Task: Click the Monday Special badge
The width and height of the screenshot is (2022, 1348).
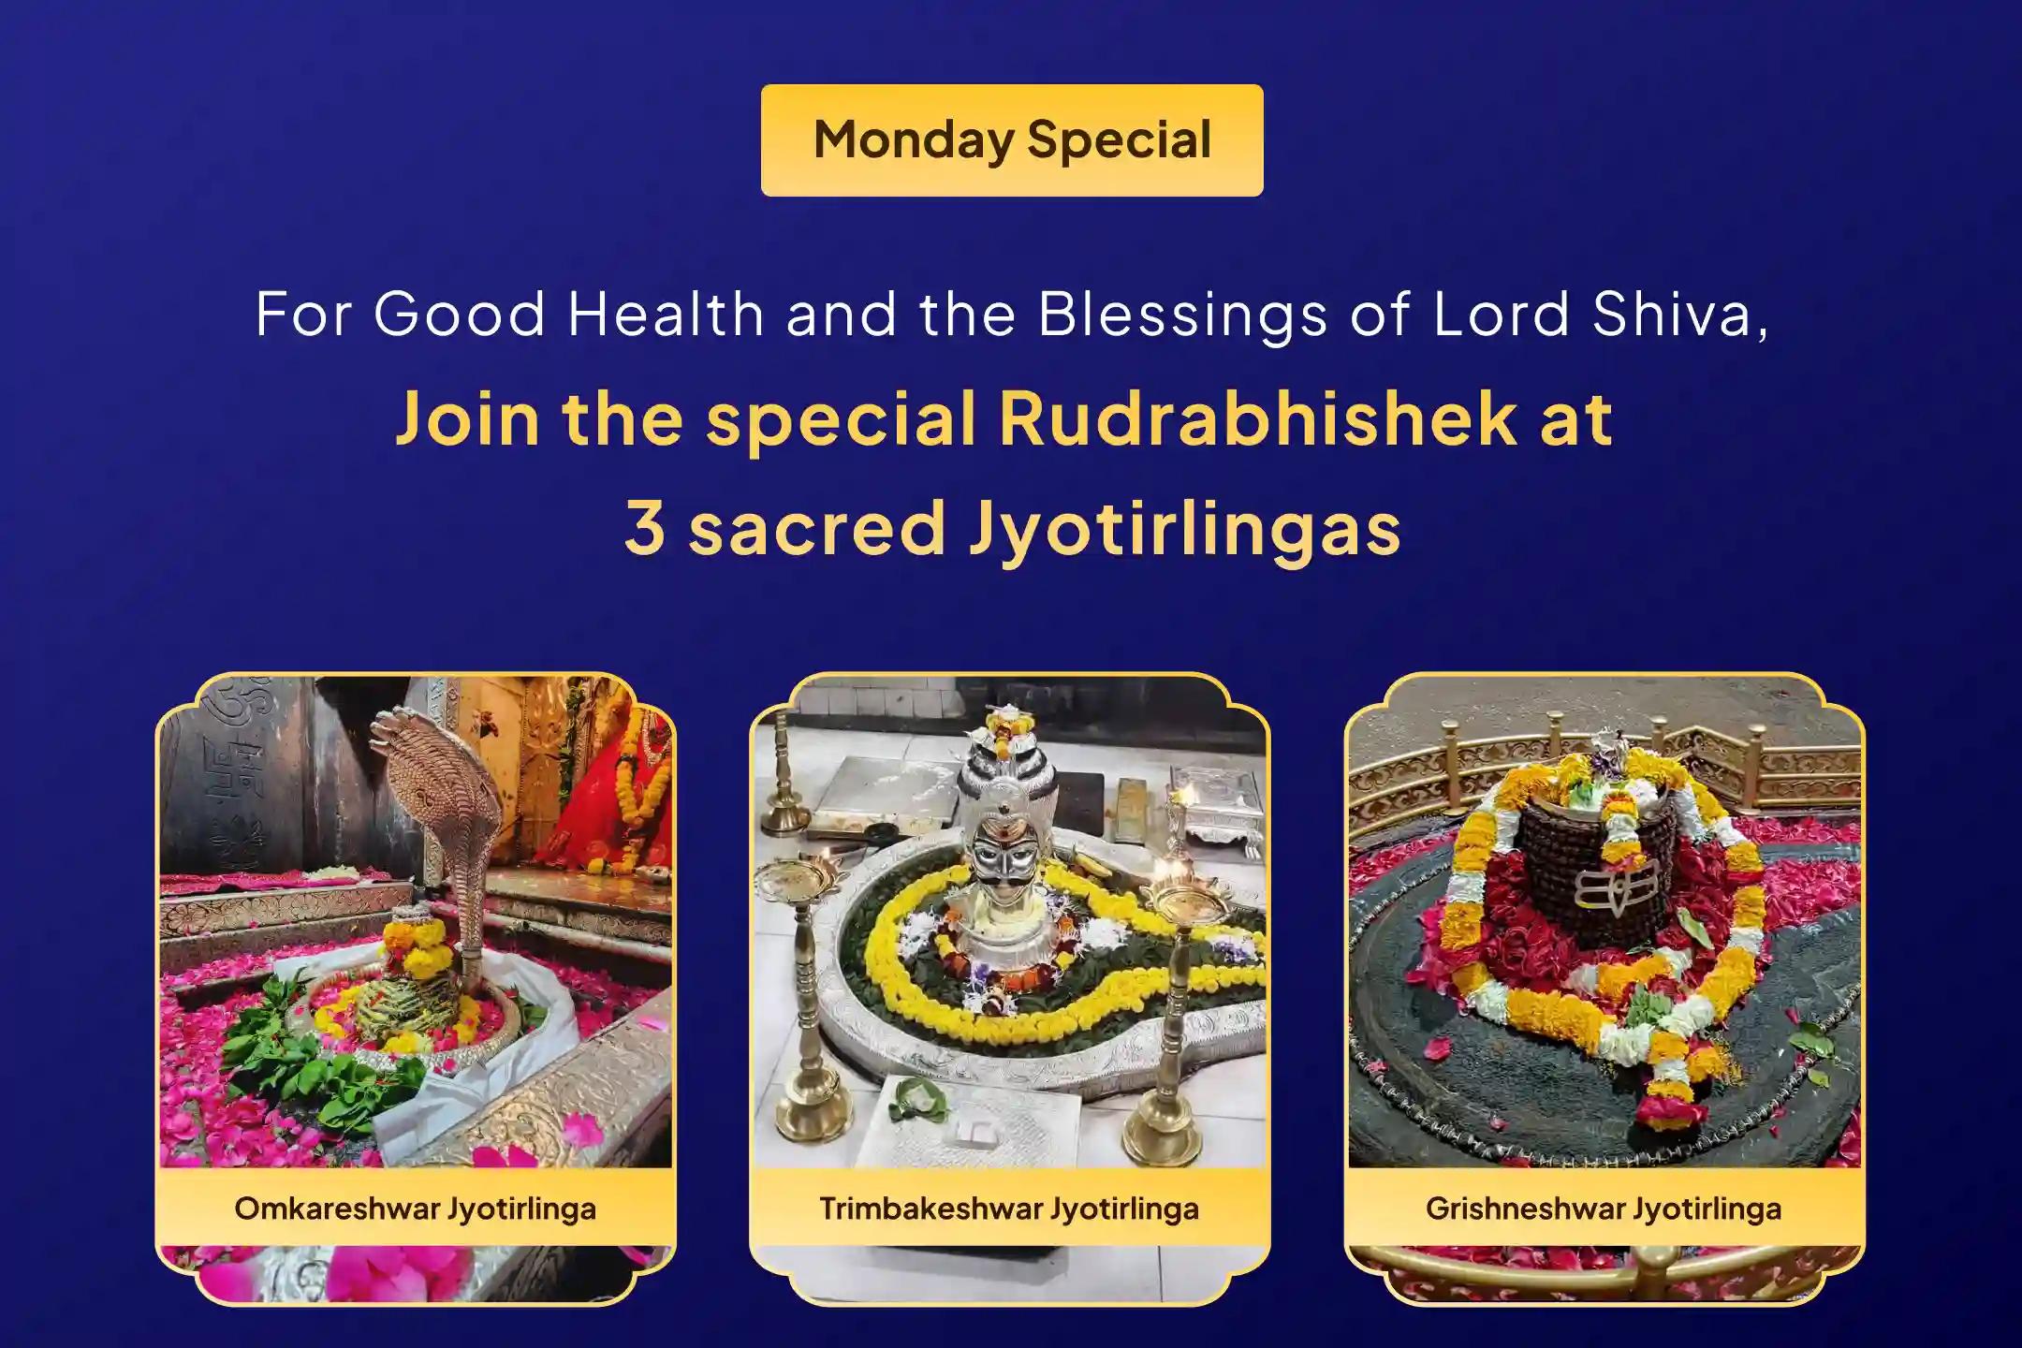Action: pyautogui.click(x=1012, y=140)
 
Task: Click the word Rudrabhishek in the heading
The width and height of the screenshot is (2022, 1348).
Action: pyautogui.click(x=1256, y=418)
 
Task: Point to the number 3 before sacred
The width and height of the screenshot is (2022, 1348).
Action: pyautogui.click(x=645, y=528)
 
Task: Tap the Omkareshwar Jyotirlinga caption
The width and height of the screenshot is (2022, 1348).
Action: pyautogui.click(x=415, y=1209)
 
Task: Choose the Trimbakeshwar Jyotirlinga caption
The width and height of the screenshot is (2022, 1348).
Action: pyautogui.click(x=1009, y=1209)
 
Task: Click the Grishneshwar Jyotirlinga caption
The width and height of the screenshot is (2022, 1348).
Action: pyautogui.click(x=1604, y=1209)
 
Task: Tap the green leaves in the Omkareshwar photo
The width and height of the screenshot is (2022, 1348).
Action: pyautogui.click(x=281, y=1039)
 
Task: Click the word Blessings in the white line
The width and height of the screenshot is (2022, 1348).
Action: pyautogui.click(x=1182, y=315)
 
